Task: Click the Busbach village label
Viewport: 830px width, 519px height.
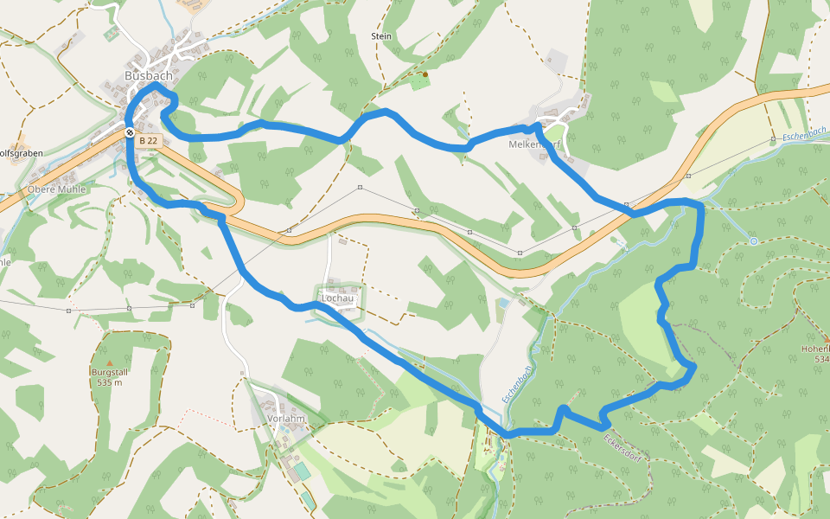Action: pyautogui.click(x=149, y=75)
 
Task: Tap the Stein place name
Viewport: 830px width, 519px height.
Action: pyautogui.click(x=381, y=36)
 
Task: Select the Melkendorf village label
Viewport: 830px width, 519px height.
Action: pyautogui.click(x=535, y=144)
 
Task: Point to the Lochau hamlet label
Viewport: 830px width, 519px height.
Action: pyautogui.click(x=338, y=298)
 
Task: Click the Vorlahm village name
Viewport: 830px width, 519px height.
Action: pyautogui.click(x=287, y=418)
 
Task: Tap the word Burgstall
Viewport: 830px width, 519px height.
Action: pyautogui.click(x=110, y=372)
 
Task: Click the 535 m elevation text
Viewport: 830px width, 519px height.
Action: pyautogui.click(x=110, y=382)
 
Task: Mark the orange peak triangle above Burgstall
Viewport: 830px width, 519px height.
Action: pyautogui.click(x=110, y=362)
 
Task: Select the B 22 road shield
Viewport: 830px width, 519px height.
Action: pyautogui.click(x=148, y=140)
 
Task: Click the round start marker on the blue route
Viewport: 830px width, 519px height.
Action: pyautogui.click(x=129, y=132)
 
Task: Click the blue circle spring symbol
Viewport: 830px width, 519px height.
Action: pyautogui.click(x=754, y=241)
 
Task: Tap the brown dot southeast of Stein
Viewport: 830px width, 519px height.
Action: pyautogui.click(x=425, y=74)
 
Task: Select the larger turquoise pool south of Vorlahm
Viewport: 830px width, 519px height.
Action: pyautogui.click(x=300, y=471)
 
